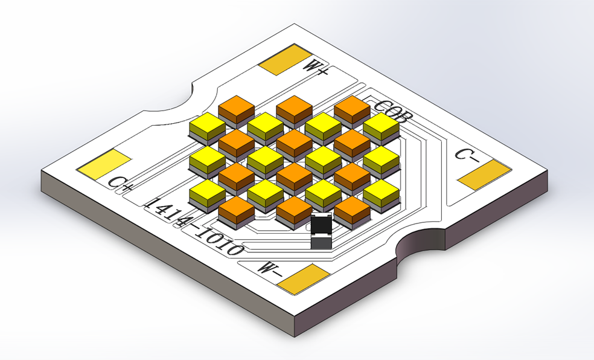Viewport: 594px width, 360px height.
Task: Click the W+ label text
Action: tap(316, 67)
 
